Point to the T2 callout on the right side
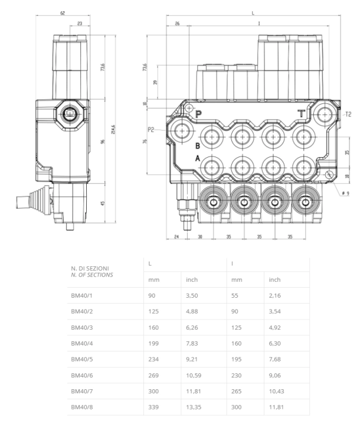pos(348,114)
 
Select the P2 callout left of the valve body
pos(152,129)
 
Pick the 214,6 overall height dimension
pos(113,129)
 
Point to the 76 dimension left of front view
pos(145,142)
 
